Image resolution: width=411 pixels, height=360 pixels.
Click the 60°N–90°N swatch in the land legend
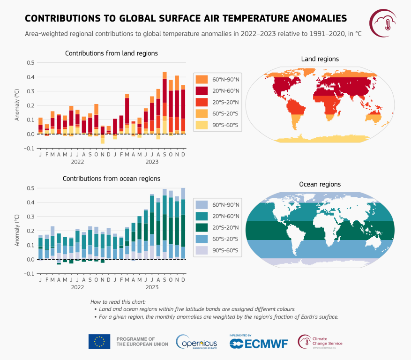pos(202,79)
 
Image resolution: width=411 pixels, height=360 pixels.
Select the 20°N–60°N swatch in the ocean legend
pos(202,216)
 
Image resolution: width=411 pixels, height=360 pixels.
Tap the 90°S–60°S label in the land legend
pos(225,125)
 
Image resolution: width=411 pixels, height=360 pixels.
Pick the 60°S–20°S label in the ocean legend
pos(225,239)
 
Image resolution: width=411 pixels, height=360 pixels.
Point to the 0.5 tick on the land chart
pos(30,62)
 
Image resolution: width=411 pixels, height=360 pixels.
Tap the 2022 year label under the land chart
pos(77,162)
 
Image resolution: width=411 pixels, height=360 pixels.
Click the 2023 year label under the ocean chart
pos(152,287)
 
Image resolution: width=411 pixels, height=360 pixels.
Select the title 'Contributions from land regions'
pos(111,53)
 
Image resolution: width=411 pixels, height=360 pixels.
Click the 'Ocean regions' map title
pos(320,184)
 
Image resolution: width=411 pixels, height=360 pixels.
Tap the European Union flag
pos(99,341)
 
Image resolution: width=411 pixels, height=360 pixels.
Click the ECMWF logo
pos(259,344)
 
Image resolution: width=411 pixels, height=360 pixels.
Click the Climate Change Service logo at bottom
pos(321,342)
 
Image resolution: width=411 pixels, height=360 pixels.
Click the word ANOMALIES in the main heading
pos(308,18)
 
